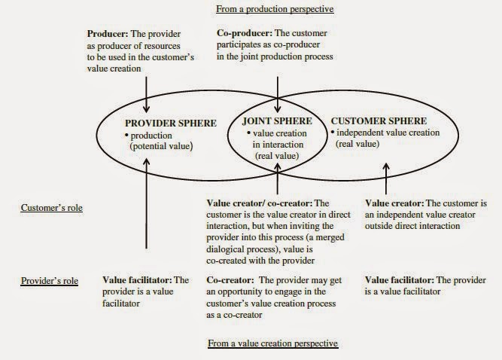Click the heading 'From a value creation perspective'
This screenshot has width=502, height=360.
tap(272, 343)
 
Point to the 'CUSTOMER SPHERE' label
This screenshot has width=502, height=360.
tap(379, 121)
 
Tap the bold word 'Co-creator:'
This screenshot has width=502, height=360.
tap(230, 280)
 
